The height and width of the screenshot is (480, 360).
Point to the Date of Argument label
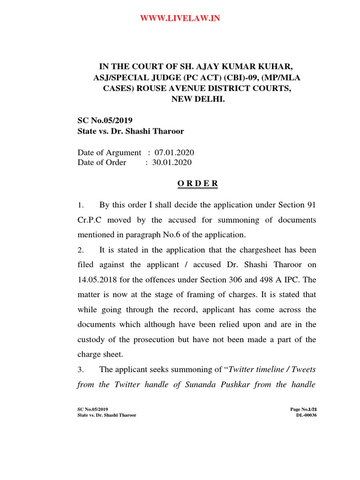pos(109,153)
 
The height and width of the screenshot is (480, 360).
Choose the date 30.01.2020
pos(172,163)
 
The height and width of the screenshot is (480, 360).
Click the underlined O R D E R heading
pos(197,184)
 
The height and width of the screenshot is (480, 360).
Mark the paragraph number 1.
pos(80,205)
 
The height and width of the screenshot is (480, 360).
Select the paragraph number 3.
pos(80,369)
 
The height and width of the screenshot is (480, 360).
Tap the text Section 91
pos(297,205)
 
